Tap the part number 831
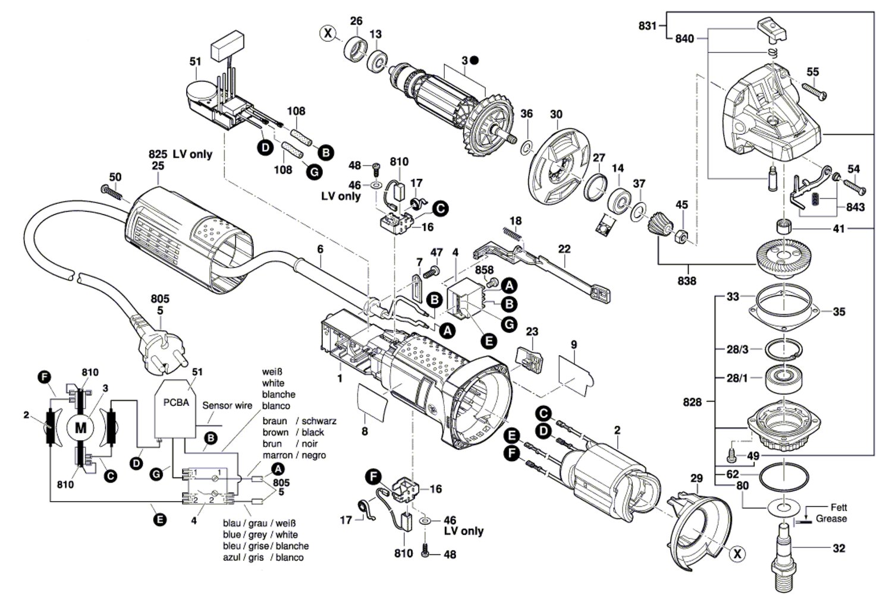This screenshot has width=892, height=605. (648, 26)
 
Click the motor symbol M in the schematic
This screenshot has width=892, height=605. (81, 427)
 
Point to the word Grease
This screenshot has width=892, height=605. (831, 519)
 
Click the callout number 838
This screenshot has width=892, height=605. (687, 281)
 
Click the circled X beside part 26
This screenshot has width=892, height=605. (328, 33)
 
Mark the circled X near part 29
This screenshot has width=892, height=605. (737, 554)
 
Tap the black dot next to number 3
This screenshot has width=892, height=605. (474, 60)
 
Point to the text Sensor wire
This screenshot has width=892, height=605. (227, 405)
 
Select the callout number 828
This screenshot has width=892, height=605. (692, 402)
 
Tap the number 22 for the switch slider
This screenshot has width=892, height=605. (564, 248)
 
